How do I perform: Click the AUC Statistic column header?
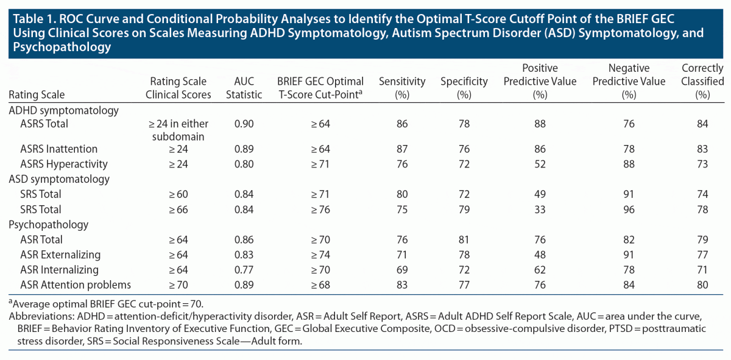(x=248, y=88)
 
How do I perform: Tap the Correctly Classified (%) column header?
(x=702, y=81)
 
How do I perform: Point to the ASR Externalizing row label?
(x=60, y=255)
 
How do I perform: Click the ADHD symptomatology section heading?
(x=63, y=110)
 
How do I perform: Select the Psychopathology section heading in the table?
(x=48, y=225)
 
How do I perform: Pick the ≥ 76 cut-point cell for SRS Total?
(x=320, y=210)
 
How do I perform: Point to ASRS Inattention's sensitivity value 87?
(x=400, y=149)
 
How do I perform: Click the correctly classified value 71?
(x=702, y=270)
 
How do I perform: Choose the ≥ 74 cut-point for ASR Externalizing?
(x=320, y=255)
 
